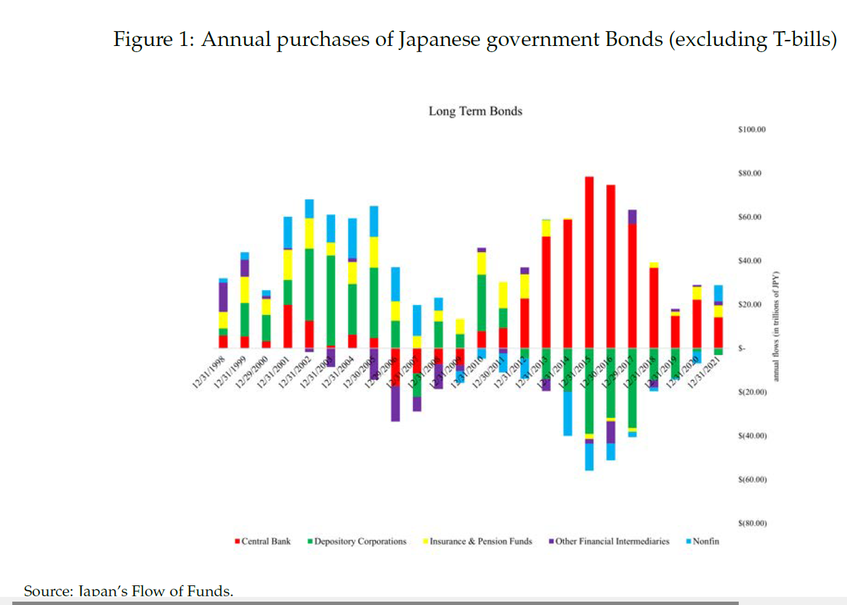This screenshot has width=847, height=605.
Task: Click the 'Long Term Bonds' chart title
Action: click(475, 111)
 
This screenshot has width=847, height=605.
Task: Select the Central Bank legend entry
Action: click(266, 541)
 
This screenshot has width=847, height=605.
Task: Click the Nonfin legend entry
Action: click(705, 541)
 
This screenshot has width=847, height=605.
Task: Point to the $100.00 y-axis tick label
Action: click(752, 129)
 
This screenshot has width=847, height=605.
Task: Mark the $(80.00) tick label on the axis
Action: click(752, 523)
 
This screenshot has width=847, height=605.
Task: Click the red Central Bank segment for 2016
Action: click(610, 266)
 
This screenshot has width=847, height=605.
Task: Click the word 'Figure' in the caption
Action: click(142, 40)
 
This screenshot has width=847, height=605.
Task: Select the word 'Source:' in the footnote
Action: click(48, 592)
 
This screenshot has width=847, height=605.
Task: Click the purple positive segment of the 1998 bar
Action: click(223, 297)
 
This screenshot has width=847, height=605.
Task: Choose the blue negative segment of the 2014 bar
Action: click(568, 413)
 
